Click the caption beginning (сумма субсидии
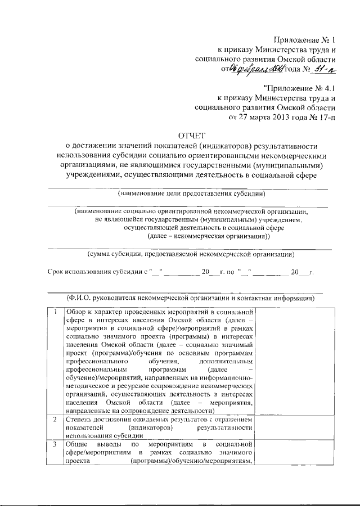tap(191, 254)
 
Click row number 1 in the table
tap(55, 312)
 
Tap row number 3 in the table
tap(55, 444)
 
